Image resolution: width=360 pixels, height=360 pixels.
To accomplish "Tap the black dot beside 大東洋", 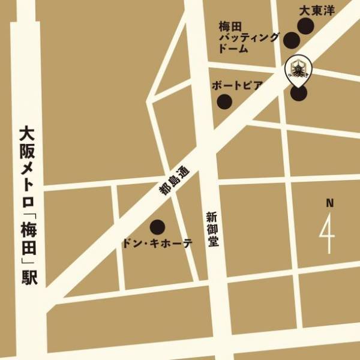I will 306,25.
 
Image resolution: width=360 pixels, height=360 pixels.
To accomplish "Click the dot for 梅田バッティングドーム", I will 292,41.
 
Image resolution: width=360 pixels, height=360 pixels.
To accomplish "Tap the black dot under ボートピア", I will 224,101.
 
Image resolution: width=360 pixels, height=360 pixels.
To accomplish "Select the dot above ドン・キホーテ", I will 157,227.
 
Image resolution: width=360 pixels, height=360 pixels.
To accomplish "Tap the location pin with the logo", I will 298,71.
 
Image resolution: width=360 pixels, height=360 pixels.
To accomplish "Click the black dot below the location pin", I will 299,94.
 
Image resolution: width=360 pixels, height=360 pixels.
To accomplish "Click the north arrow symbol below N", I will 328,233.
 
